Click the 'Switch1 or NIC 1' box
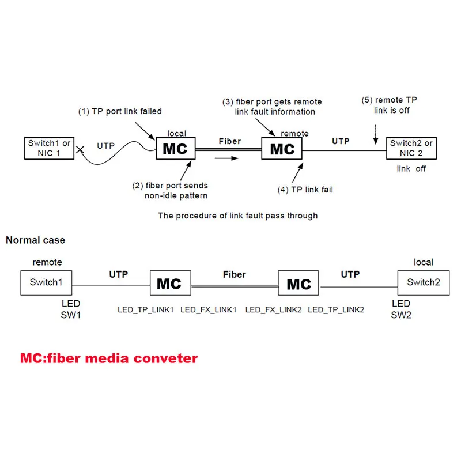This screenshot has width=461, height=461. point(50,148)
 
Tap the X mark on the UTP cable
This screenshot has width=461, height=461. point(81,149)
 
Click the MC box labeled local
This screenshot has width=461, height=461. point(175,149)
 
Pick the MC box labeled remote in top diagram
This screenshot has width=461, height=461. point(282,149)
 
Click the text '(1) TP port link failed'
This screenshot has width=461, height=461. point(120,111)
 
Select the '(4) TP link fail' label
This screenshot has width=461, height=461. point(305,189)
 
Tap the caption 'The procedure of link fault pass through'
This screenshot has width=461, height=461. point(237,216)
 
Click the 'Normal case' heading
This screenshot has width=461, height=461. point(35,240)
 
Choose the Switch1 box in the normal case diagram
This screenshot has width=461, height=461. point(46,282)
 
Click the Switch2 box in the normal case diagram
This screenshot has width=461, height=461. point(424,282)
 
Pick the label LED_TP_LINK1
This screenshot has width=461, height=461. point(146,310)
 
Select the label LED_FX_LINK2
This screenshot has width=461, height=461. point(273,310)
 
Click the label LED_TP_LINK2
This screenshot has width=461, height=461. point(336,310)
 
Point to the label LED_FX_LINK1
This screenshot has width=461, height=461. point(209,310)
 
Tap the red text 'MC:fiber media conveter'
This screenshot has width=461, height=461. point(109,358)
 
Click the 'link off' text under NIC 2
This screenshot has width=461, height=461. point(411,169)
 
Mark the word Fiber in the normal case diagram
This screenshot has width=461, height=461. point(235,274)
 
